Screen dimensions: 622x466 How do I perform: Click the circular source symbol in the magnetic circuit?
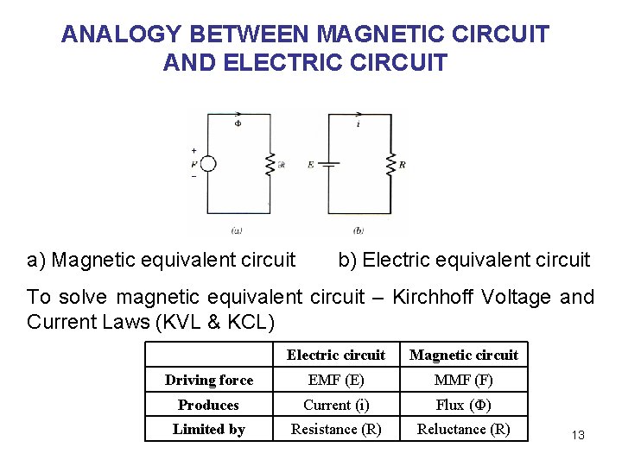point(208,164)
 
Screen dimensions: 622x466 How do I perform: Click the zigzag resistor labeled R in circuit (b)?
point(390,163)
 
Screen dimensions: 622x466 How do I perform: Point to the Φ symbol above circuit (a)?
point(238,124)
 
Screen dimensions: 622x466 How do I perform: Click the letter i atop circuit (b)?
point(359,124)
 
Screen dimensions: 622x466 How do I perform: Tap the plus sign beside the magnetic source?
point(194,150)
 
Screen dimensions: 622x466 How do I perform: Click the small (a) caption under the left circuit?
point(237,230)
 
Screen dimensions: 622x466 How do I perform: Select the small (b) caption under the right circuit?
point(359,230)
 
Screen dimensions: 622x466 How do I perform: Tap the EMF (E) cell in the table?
point(336,380)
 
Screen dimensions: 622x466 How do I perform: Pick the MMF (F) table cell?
point(464,380)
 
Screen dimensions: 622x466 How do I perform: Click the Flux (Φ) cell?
point(464,405)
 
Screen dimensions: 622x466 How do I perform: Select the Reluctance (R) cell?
point(464,429)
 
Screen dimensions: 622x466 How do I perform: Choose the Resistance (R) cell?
point(336,429)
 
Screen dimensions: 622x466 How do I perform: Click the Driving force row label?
point(209,380)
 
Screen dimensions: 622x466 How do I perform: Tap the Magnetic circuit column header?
point(464,355)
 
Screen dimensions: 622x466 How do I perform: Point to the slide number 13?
point(578,435)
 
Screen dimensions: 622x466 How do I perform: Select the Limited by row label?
point(209,429)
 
